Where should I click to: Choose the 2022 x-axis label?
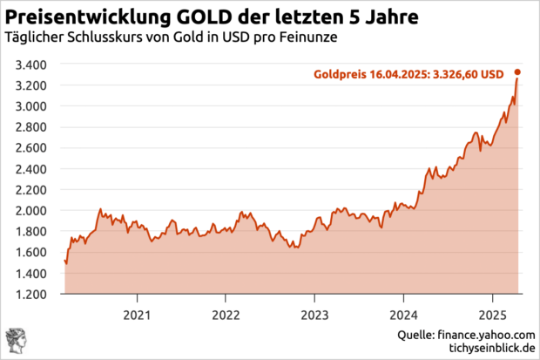point(226,314)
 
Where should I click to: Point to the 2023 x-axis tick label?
point(314,314)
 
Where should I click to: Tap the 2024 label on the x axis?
point(403,314)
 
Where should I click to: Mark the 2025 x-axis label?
point(492,314)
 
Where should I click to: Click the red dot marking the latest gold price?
point(518,72)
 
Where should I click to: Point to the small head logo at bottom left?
point(16,341)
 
